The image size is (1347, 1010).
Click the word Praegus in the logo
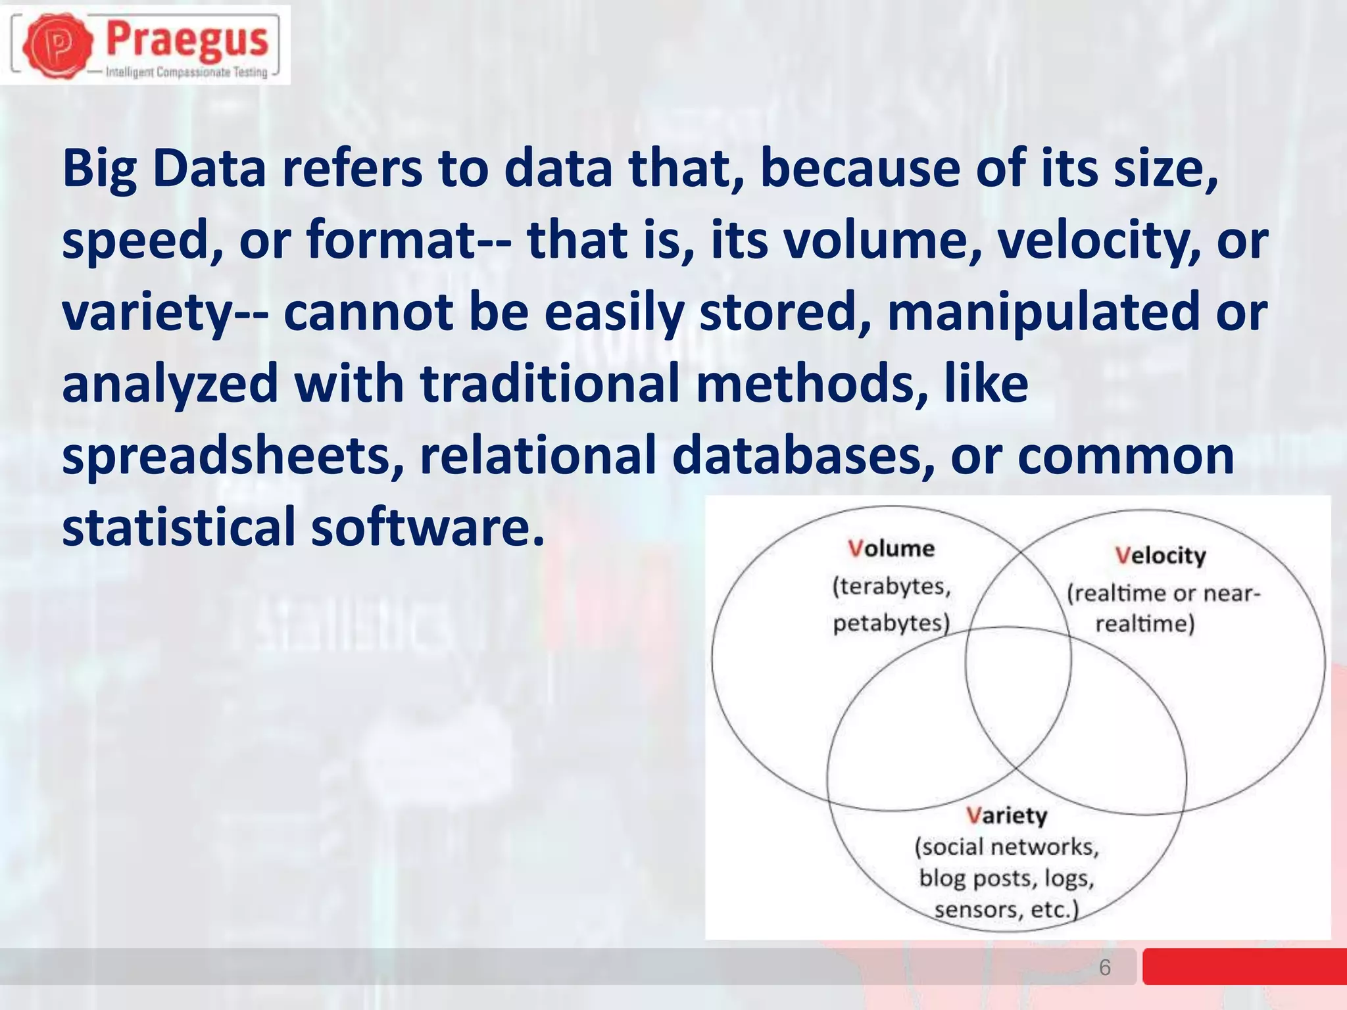tap(187, 39)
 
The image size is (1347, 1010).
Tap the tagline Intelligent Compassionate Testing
tap(187, 72)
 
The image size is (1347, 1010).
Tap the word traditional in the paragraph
tap(550, 384)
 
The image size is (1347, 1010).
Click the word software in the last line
tap(428, 527)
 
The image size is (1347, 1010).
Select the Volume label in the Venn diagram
tap(891, 548)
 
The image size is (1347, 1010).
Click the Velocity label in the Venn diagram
tap(1161, 556)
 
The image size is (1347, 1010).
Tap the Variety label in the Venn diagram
tap(1006, 815)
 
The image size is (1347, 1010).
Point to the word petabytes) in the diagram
tap(891, 623)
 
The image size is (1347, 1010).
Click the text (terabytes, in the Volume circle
tap(891, 586)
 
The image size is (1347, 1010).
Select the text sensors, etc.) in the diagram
tap(1006, 909)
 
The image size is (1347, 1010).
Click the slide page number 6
tap(1104, 967)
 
